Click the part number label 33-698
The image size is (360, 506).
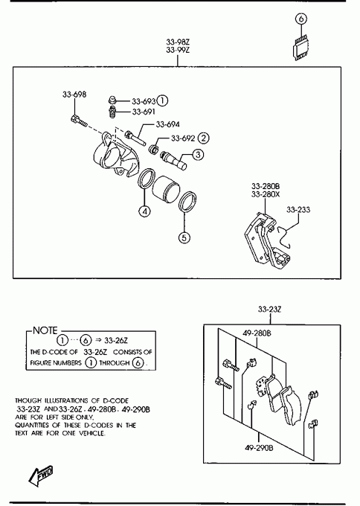(x=74, y=95)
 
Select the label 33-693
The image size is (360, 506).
(x=144, y=101)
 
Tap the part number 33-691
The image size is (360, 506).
(x=144, y=112)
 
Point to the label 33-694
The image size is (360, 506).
(x=168, y=124)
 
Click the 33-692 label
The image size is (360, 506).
(x=183, y=138)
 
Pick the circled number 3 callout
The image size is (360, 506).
(x=198, y=155)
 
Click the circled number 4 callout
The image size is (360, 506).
(x=144, y=211)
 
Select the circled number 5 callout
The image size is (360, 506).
(x=184, y=238)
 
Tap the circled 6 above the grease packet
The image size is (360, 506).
(x=301, y=19)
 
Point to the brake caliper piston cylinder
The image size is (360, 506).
(x=165, y=189)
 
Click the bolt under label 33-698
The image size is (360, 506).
(x=78, y=121)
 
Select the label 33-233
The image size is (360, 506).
(x=298, y=210)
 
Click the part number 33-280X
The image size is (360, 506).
(x=266, y=194)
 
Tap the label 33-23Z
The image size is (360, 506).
(x=270, y=309)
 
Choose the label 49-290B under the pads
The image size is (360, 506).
(x=259, y=448)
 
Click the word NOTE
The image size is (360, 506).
(x=45, y=330)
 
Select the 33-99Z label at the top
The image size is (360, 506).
(x=178, y=50)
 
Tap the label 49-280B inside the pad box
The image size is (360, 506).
(x=257, y=333)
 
